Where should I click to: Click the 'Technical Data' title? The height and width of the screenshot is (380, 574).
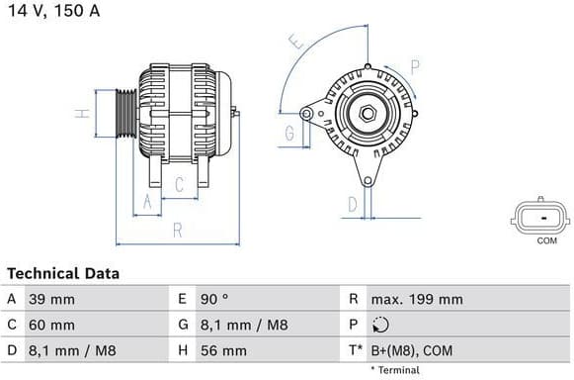[63, 273]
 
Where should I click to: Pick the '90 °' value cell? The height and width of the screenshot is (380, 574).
[215, 299]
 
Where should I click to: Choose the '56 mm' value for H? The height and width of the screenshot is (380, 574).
[226, 350]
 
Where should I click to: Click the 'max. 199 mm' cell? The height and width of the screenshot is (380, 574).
[416, 299]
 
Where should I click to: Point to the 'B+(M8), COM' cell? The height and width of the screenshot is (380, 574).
[411, 350]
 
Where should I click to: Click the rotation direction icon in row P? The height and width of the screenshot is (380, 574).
[382, 325]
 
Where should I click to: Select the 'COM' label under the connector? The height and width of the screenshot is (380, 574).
[545, 240]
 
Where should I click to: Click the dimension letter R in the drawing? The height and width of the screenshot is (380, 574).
[177, 230]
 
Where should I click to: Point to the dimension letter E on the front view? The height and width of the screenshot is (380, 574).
[293, 43]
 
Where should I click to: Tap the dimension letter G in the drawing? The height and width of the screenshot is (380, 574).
[290, 134]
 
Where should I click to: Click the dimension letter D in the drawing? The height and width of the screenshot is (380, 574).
[353, 205]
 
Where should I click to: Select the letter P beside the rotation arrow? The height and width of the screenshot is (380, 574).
[415, 67]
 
